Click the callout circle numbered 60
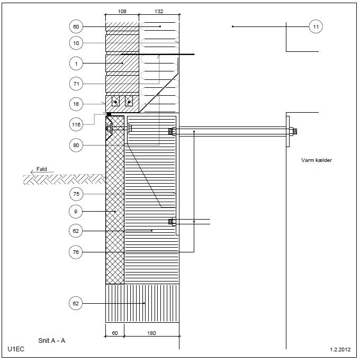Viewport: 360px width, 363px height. pyautogui.click(x=77, y=26)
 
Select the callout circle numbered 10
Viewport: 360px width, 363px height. pyautogui.click(x=77, y=42)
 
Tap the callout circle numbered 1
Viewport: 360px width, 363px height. pyautogui.click(x=77, y=63)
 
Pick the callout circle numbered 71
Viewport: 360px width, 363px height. pyautogui.click(x=77, y=84)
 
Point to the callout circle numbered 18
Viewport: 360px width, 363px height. pyautogui.click(x=77, y=104)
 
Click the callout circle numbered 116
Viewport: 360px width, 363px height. pyautogui.click(x=77, y=124)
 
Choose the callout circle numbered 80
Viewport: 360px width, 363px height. pyautogui.click(x=77, y=144)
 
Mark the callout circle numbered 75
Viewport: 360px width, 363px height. pyautogui.click(x=77, y=194)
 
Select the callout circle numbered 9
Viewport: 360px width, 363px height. pyautogui.click(x=77, y=212)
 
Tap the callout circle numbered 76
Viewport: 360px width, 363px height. pyautogui.click(x=77, y=252)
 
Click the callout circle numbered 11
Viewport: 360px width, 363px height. pyautogui.click(x=316, y=26)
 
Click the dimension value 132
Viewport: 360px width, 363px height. pyautogui.click(x=159, y=10)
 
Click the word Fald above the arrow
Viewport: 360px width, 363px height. pyautogui.click(x=41, y=170)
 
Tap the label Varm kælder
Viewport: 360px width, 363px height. pyautogui.click(x=316, y=160)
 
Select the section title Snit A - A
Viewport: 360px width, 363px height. pyautogui.click(x=52, y=341)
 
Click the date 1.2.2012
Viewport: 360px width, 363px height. pyautogui.click(x=340, y=350)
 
